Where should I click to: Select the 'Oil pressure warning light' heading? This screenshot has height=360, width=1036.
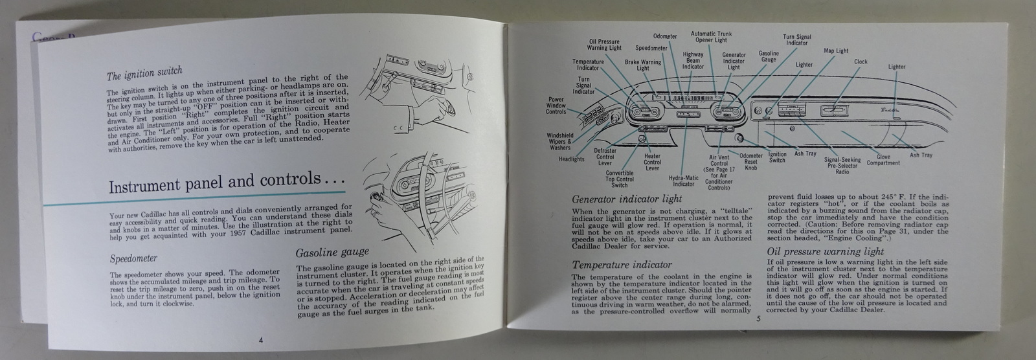pos(825,251)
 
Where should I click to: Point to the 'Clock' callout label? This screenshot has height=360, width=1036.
pos(861,62)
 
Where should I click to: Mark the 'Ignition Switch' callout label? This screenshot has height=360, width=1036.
pos(776,157)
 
